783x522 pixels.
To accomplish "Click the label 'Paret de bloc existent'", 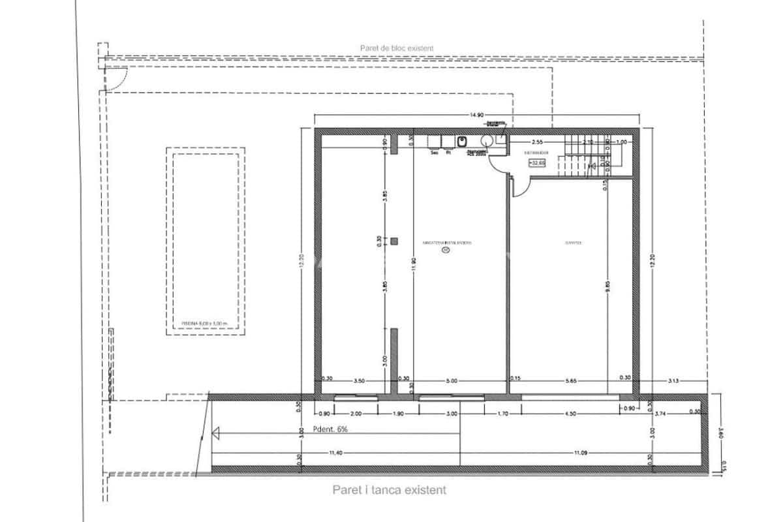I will [397, 48].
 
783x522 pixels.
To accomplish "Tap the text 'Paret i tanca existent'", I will [390, 489].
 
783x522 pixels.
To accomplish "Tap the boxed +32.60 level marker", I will [538, 163].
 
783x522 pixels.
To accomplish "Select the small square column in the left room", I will [394, 241].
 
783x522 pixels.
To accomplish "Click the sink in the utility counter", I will [462, 141].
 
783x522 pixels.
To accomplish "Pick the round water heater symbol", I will [487, 140].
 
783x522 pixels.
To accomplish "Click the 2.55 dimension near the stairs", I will [537, 142].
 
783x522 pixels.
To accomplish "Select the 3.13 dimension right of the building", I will [673, 380].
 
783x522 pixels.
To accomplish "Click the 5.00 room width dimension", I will [452, 380].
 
